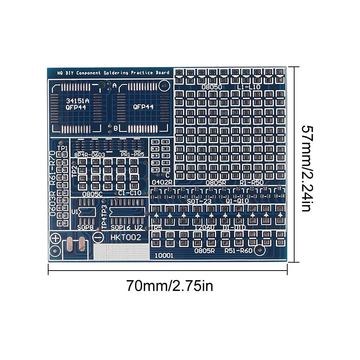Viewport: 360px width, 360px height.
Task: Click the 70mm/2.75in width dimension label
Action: (169, 285)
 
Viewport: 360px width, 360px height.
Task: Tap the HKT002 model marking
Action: (126, 238)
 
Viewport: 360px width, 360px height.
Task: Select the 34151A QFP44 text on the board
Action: (77, 104)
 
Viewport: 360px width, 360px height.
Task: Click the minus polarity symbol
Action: (98, 237)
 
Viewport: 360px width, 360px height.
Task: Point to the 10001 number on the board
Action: (164, 256)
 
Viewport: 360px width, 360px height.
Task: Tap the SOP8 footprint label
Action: (86, 227)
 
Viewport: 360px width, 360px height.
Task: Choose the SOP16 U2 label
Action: (126, 227)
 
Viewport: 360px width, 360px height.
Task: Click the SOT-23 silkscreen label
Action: (199, 201)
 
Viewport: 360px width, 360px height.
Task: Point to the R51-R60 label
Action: (238, 250)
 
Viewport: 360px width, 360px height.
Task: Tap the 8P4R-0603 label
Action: (89, 155)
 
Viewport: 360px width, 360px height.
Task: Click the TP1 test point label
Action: (62, 148)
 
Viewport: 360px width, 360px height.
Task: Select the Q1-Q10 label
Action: (237, 201)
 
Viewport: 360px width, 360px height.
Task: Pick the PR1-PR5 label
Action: (132, 155)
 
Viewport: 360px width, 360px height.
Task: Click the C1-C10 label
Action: (130, 193)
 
